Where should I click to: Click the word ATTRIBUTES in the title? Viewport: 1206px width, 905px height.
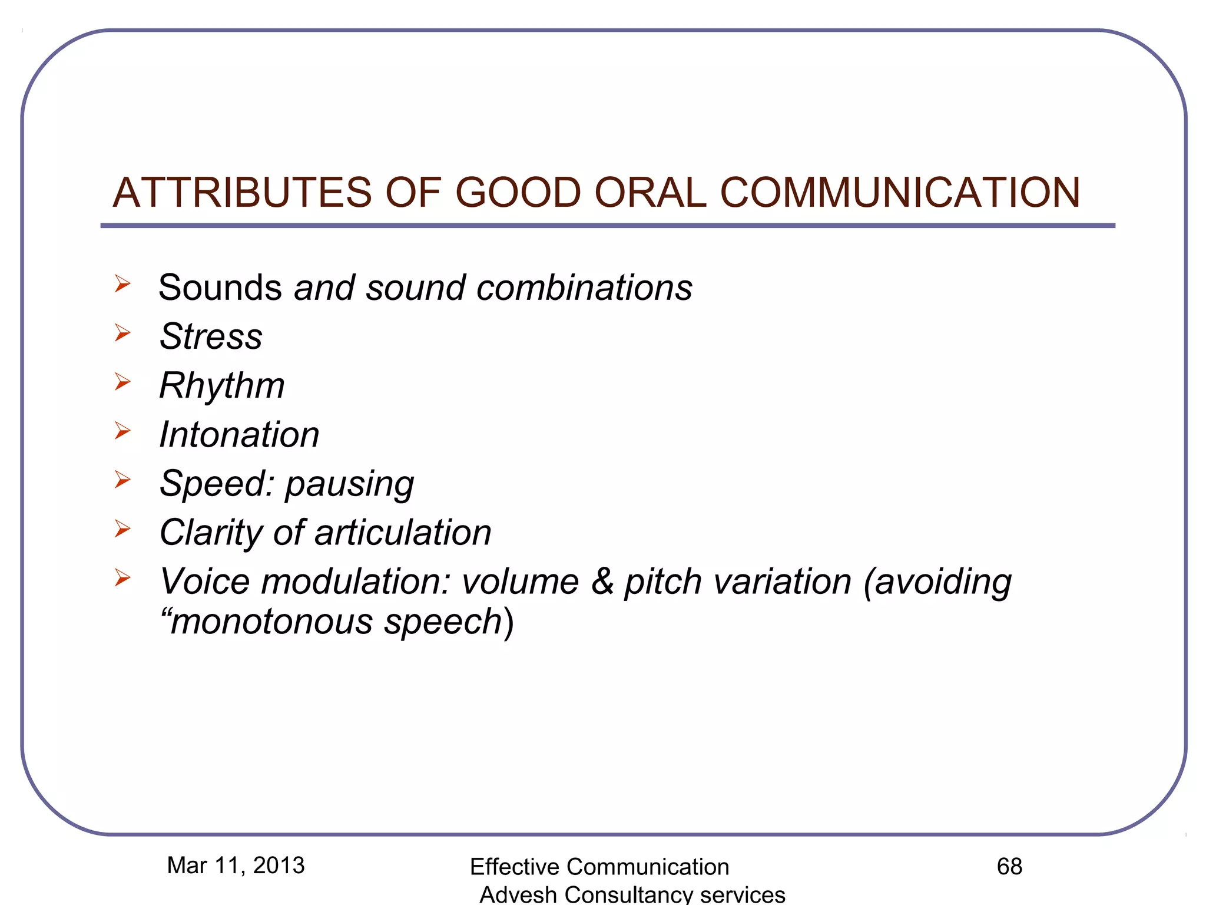[x=241, y=193]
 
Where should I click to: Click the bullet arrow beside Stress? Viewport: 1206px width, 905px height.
[x=122, y=333]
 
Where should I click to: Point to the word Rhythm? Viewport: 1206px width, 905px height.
[x=222, y=386]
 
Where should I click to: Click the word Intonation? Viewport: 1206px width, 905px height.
[x=239, y=435]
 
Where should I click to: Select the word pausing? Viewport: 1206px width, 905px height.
[x=350, y=485]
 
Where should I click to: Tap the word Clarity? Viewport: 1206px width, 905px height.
[x=210, y=533]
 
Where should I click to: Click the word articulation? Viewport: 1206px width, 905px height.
[x=403, y=533]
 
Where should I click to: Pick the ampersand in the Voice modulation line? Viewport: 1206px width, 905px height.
[x=602, y=582]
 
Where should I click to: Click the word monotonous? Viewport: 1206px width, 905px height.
[x=271, y=622]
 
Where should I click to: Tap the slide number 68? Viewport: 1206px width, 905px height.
[x=1009, y=867]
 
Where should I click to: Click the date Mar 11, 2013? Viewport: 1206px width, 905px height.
[x=236, y=866]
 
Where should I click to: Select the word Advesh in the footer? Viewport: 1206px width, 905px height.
[x=518, y=895]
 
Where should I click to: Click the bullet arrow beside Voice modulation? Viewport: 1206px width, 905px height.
[x=122, y=577]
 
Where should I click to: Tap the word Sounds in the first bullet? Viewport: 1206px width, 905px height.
[x=220, y=288]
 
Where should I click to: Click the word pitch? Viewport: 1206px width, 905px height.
[x=663, y=583]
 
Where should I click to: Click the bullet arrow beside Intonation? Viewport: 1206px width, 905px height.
[x=122, y=431]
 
